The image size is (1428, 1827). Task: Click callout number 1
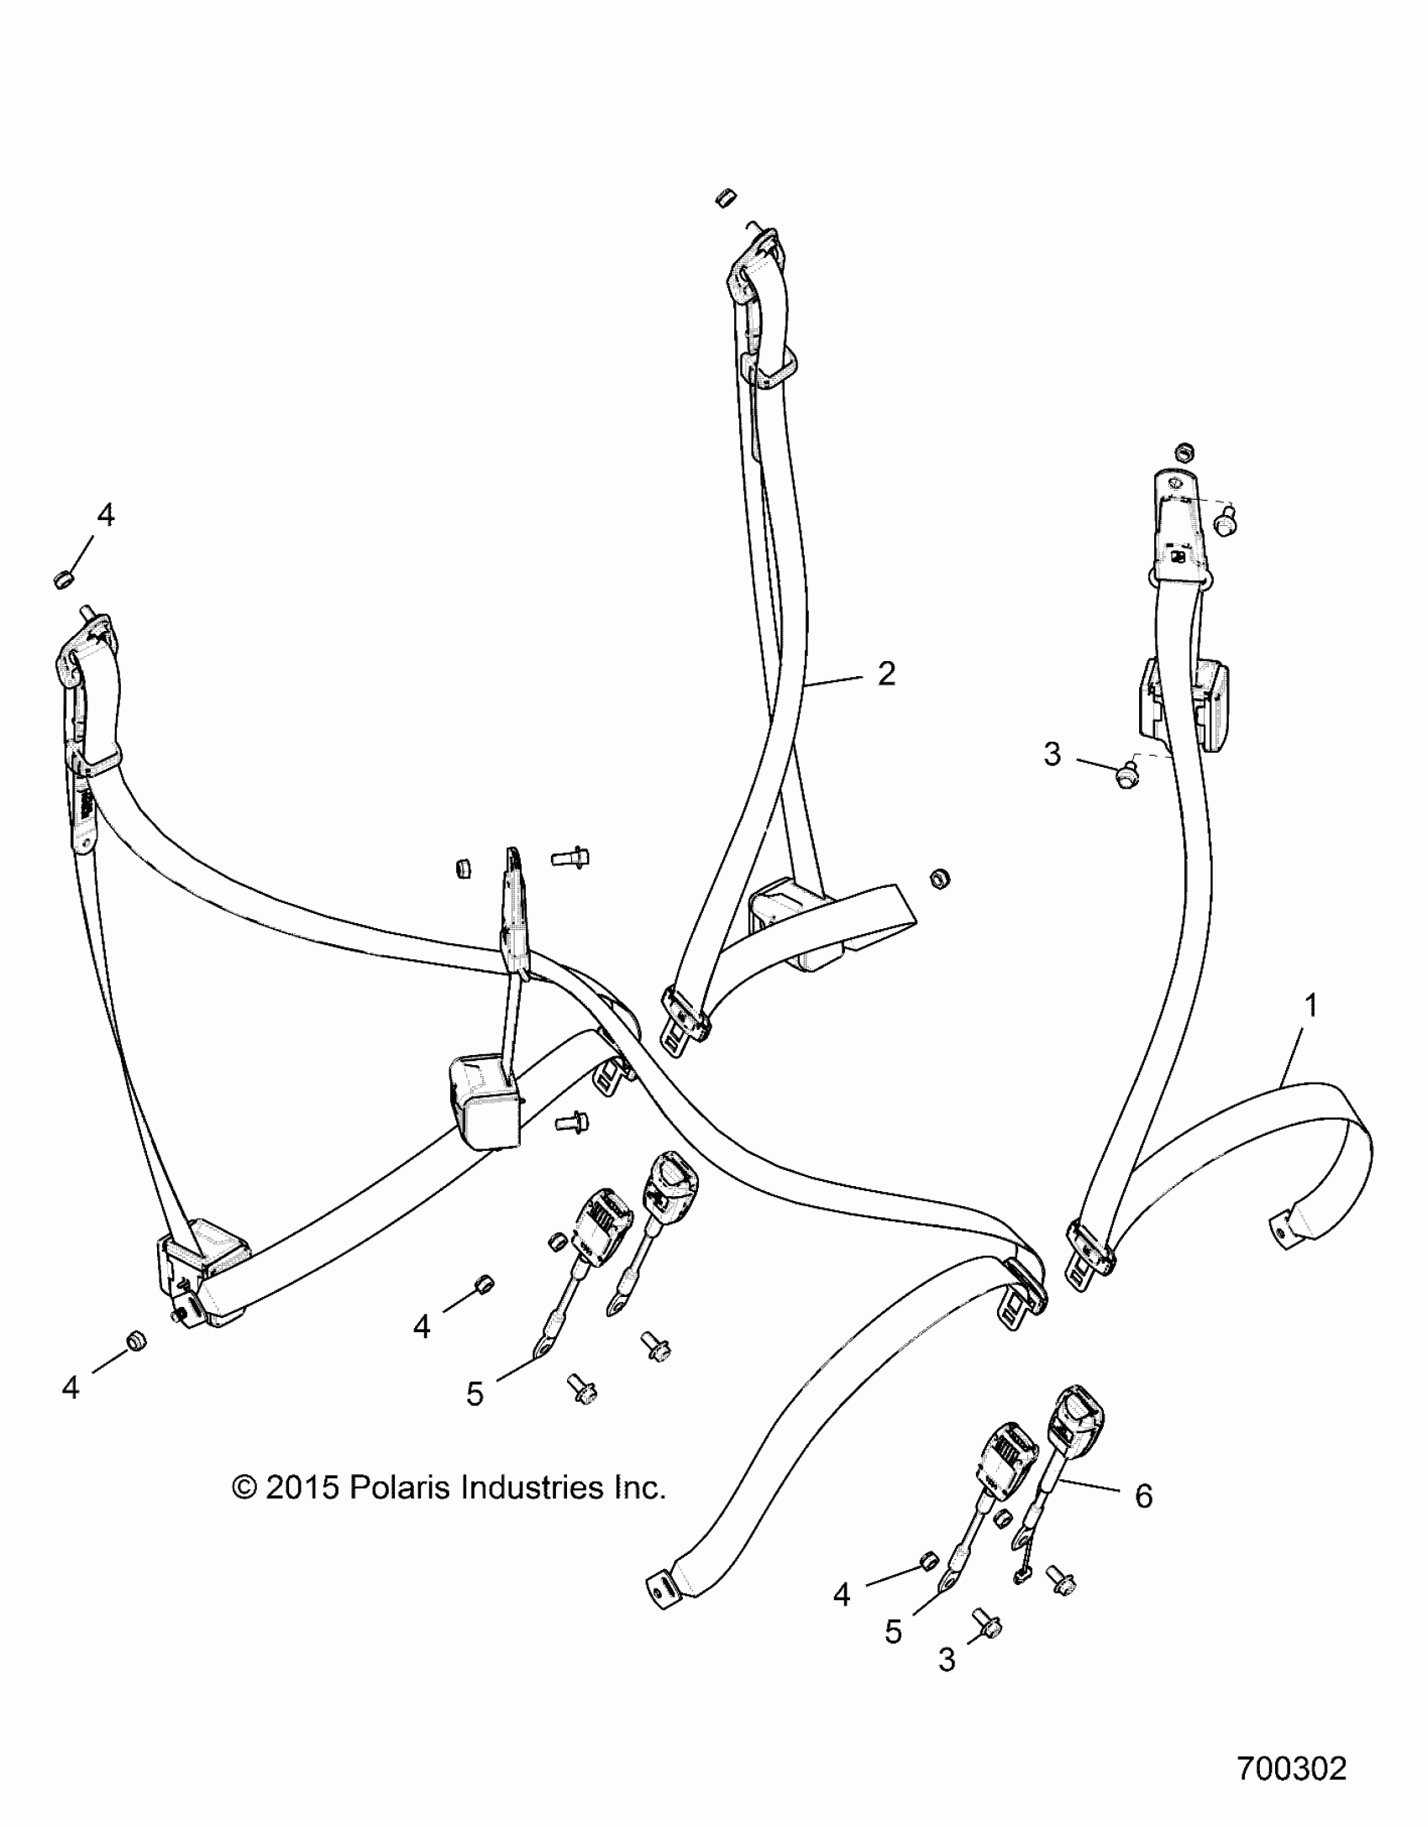pyautogui.click(x=1310, y=1005)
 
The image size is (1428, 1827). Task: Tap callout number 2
pyautogui.click(x=886, y=674)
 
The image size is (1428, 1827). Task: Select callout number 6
pyautogui.click(x=1143, y=1495)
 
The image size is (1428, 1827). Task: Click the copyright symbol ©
pyautogui.click(x=244, y=1488)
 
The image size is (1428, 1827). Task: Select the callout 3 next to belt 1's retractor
pyautogui.click(x=1053, y=754)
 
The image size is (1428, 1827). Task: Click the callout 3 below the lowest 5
pyautogui.click(x=947, y=1659)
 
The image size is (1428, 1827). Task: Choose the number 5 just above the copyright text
pyautogui.click(x=475, y=1394)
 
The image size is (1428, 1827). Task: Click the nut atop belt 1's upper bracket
pyautogui.click(x=1185, y=451)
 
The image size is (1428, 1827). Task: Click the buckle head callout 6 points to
pyautogui.click(x=1079, y=1417)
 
